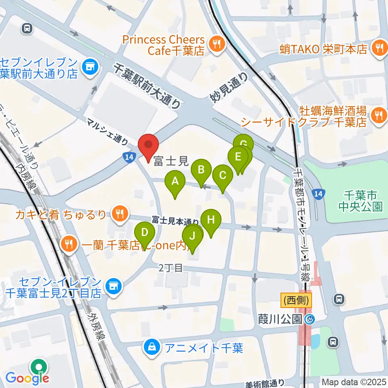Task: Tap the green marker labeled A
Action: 175,182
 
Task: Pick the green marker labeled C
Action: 223,176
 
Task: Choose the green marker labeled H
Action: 211,221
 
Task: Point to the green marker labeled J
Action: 193,236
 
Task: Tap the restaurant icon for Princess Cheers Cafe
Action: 217,45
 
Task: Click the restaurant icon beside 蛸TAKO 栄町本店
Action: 379,49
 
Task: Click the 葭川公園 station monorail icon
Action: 310,319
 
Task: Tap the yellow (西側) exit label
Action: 297,300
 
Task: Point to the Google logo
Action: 27,379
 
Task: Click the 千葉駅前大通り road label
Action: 148,86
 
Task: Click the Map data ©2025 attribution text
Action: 354,382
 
